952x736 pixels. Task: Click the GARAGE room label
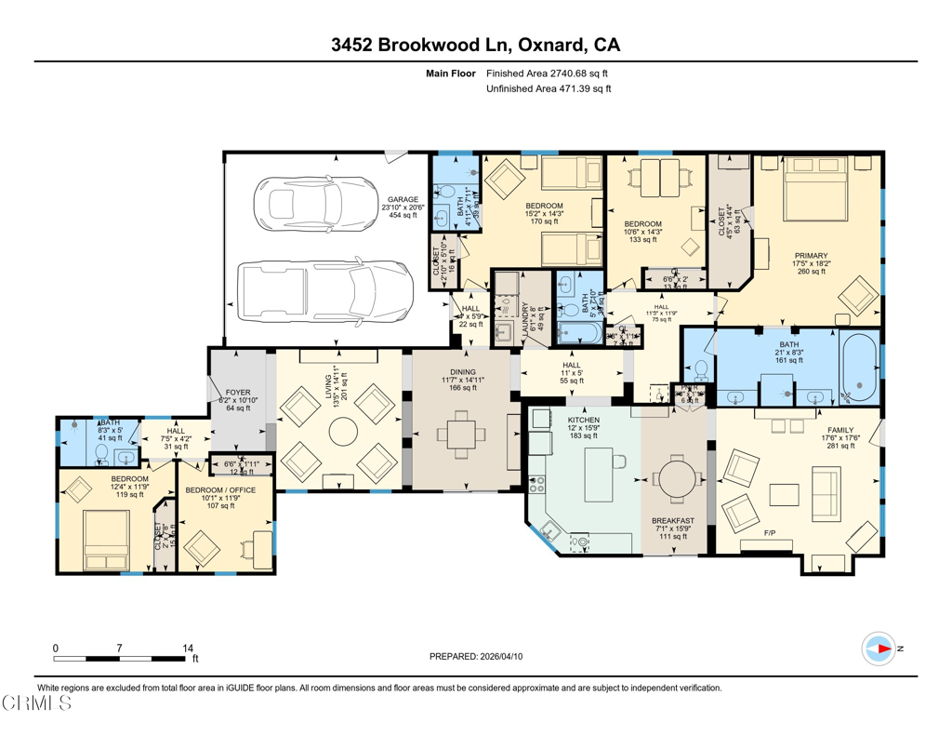tap(403, 199)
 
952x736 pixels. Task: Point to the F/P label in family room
tap(770, 533)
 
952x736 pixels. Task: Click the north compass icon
tap(878, 648)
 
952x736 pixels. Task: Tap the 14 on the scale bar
tap(188, 647)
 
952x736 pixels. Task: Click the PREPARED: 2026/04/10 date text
tap(475, 656)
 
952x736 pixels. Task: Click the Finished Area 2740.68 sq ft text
tap(548, 73)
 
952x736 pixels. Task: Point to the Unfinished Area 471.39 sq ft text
tap(549, 89)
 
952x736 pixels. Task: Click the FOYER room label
tap(231, 393)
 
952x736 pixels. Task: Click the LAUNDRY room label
tap(525, 317)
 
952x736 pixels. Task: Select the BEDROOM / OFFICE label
tap(214, 489)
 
